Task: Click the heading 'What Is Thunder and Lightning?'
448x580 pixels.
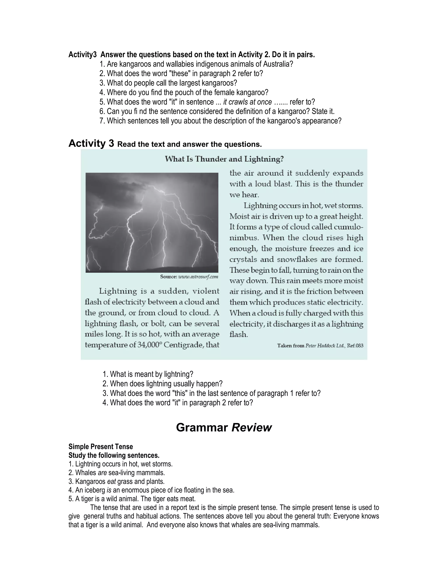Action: coord(224,159)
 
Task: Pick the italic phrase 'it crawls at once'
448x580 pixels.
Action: coord(247,102)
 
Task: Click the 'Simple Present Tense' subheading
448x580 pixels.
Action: coord(101,447)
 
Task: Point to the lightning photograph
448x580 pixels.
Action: coord(152,223)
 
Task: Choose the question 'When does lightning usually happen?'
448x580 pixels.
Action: coord(166,384)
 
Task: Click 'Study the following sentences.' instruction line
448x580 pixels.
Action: coord(114,455)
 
